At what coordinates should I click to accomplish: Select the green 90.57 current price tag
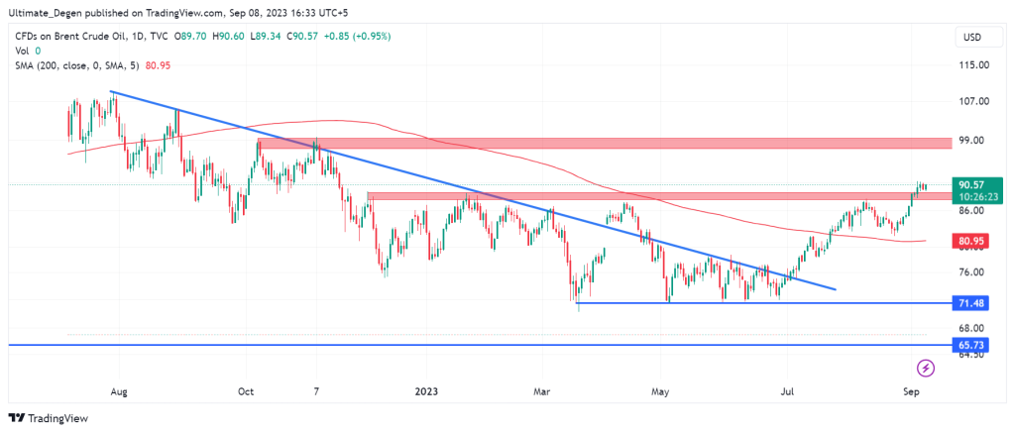(970, 184)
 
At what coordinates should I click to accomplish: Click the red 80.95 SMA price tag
(970, 240)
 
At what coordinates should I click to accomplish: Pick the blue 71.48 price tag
(970, 302)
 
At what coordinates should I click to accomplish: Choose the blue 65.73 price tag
(970, 344)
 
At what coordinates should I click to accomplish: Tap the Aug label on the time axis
(119, 392)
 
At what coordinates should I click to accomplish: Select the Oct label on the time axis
(246, 392)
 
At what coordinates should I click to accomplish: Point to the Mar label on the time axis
(541, 392)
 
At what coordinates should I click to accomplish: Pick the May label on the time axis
(659, 392)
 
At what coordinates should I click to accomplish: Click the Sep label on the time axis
(912, 392)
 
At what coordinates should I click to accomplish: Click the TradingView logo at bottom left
(48, 418)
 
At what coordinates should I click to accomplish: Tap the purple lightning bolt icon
(926, 369)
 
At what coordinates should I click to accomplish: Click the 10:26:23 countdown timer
(970, 196)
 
